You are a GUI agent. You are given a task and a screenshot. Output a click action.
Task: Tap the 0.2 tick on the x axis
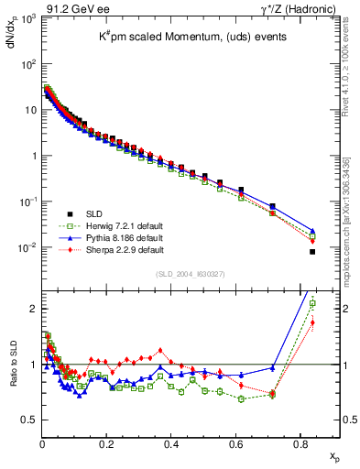106,445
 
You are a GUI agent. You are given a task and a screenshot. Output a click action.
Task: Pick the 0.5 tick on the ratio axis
28,420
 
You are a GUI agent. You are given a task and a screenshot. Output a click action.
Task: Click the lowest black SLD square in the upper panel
312,252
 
